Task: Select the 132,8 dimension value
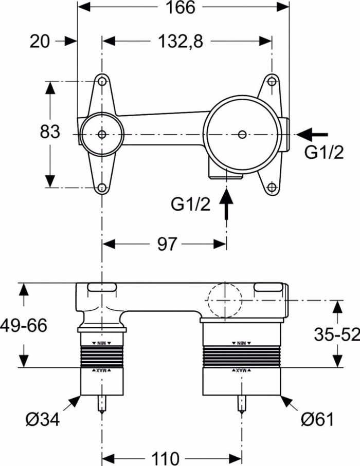click(x=181, y=42)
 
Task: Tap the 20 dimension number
click(x=40, y=42)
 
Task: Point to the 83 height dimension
click(x=50, y=132)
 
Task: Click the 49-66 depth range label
click(x=24, y=325)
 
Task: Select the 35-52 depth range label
click(x=337, y=334)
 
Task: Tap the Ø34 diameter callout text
click(x=43, y=420)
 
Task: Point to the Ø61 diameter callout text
click(x=317, y=420)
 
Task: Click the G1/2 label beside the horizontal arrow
click(x=324, y=153)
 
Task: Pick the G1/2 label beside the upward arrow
click(x=191, y=204)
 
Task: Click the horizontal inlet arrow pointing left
click(x=313, y=134)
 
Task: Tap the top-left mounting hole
click(x=102, y=82)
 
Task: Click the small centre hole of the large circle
click(x=242, y=134)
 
